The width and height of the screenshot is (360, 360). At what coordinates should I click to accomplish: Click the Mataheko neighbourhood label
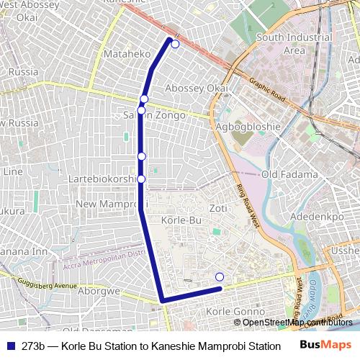(x=127, y=54)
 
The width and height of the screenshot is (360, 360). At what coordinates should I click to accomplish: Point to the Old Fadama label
(x=289, y=174)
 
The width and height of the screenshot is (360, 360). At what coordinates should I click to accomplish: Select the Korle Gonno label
(x=234, y=311)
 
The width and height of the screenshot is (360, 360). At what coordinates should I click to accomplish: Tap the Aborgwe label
(x=99, y=292)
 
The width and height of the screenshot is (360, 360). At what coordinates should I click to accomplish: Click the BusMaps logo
(x=325, y=345)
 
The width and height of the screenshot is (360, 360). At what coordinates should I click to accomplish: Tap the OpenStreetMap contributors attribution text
(x=293, y=322)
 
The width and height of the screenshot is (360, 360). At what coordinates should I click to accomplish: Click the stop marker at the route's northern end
(x=175, y=44)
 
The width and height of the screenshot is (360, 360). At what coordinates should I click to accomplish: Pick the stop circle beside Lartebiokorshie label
(x=141, y=179)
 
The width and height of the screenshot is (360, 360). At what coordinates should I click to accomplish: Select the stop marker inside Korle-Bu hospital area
(x=220, y=277)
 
